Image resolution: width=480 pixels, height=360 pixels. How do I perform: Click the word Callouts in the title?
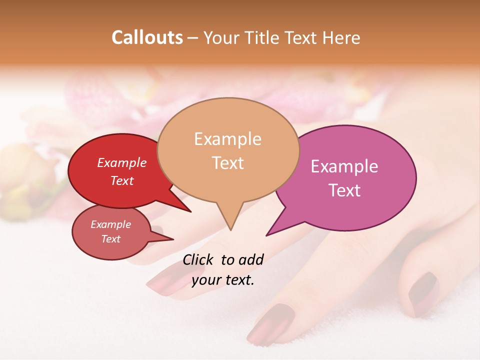(147, 37)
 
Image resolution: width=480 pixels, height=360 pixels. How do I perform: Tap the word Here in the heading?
(341, 37)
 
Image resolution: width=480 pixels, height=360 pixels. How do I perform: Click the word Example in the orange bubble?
(227, 139)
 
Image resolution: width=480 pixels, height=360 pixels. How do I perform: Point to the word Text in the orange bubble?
(227, 163)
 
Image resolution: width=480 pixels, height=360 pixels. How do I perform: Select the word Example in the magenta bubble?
(344, 166)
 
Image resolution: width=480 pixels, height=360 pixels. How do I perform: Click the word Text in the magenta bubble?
(344, 190)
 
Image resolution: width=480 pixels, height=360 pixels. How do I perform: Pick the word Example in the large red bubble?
(122, 163)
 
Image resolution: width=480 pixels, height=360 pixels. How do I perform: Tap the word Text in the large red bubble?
(122, 180)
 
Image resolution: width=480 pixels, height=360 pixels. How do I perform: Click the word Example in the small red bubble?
(111, 224)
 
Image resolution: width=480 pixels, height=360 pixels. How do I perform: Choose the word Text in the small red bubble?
(111, 239)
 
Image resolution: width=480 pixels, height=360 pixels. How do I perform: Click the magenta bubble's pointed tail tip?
(267, 235)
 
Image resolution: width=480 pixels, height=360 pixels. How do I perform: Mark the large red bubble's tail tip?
(190, 211)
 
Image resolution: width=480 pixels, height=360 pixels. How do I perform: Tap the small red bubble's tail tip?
(173, 239)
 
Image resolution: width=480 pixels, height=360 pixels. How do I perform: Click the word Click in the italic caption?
(198, 259)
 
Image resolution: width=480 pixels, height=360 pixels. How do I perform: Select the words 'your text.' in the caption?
(223, 280)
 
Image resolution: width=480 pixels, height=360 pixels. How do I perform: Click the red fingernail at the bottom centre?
(270, 325)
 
